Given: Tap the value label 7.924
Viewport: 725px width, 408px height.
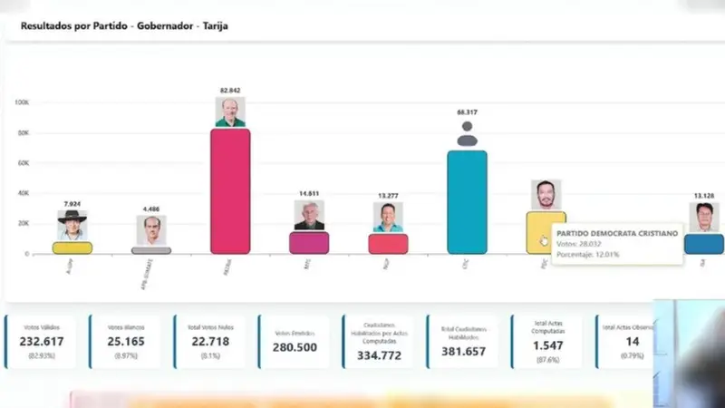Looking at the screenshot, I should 72,204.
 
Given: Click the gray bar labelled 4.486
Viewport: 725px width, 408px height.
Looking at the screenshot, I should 151,250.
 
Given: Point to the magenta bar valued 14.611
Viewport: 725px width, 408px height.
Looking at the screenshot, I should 309,243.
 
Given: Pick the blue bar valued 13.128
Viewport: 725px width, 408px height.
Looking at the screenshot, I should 703,244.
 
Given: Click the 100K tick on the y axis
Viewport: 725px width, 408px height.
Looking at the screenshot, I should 22,103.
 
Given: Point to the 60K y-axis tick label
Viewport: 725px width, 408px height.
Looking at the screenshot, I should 23,163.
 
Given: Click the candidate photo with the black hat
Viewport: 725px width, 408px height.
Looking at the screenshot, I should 72,224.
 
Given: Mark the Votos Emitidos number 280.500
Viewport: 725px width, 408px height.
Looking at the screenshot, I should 295,348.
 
